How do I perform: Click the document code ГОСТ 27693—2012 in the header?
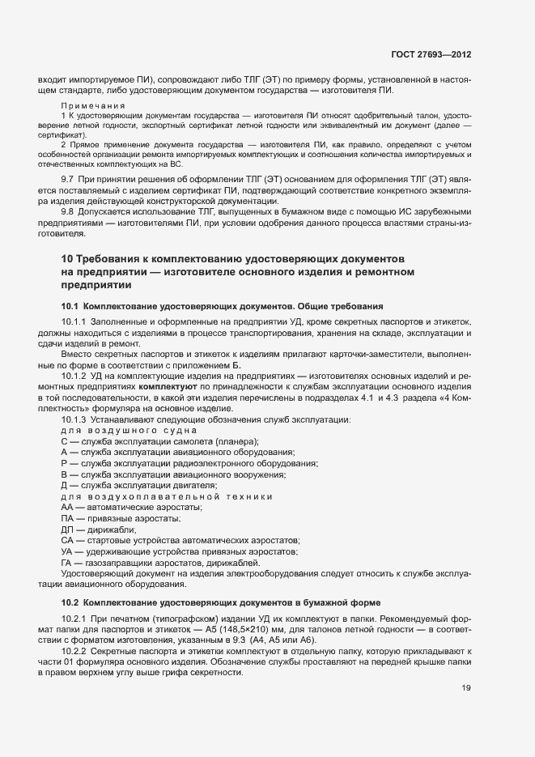click(x=431, y=54)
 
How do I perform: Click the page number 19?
click(x=466, y=689)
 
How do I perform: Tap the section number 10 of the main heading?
click(x=68, y=258)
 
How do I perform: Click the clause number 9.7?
click(x=68, y=176)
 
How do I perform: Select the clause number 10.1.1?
click(x=74, y=323)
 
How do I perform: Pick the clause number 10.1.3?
click(x=74, y=419)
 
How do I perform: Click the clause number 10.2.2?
click(x=74, y=653)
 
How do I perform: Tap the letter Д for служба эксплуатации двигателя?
click(x=64, y=484)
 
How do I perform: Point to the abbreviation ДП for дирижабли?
click(x=67, y=529)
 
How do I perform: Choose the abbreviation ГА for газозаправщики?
click(x=66, y=562)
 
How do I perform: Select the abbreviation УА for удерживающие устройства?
click(x=66, y=551)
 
